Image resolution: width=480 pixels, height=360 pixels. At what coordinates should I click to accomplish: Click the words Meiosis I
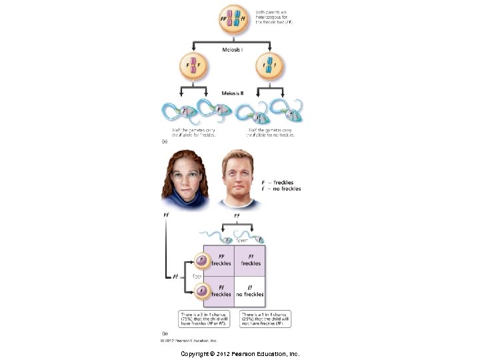(233, 49)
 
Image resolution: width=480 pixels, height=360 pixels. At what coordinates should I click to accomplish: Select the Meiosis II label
(233, 93)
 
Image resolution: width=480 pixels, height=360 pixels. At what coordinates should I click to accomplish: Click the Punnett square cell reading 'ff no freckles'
(250, 291)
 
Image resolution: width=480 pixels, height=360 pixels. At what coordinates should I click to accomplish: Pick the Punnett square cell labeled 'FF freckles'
(221, 259)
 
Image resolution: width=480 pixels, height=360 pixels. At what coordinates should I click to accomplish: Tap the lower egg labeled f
(199, 290)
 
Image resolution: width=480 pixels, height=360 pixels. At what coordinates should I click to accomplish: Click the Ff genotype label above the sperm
(236, 215)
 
